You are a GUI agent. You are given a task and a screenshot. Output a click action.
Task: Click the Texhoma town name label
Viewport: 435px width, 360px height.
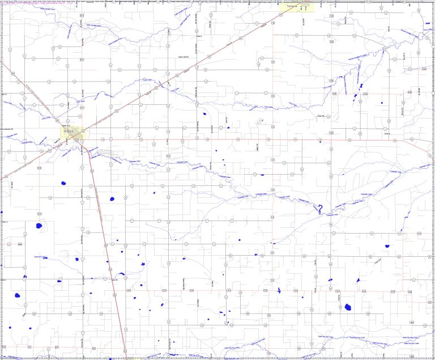[x=292, y=7]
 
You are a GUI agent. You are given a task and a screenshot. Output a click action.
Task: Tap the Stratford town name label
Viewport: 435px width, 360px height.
[x=70, y=132]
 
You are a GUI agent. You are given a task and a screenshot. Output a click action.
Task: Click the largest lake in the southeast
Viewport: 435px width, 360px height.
[x=347, y=307]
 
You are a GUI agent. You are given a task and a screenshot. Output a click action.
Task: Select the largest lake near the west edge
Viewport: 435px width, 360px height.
[x=39, y=225]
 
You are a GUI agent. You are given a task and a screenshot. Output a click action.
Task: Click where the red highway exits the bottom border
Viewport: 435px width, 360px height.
[x=126, y=357]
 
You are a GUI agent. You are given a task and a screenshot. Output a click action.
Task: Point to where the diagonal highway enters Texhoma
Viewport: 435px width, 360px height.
[x=283, y=12]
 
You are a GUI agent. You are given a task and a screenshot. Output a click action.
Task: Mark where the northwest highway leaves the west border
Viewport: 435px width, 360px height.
[x=2, y=61]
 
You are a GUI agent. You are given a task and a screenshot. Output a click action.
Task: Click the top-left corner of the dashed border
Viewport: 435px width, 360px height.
[x=2, y=2]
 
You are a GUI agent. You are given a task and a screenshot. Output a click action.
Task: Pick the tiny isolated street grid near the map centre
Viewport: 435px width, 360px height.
[x=260, y=121]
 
